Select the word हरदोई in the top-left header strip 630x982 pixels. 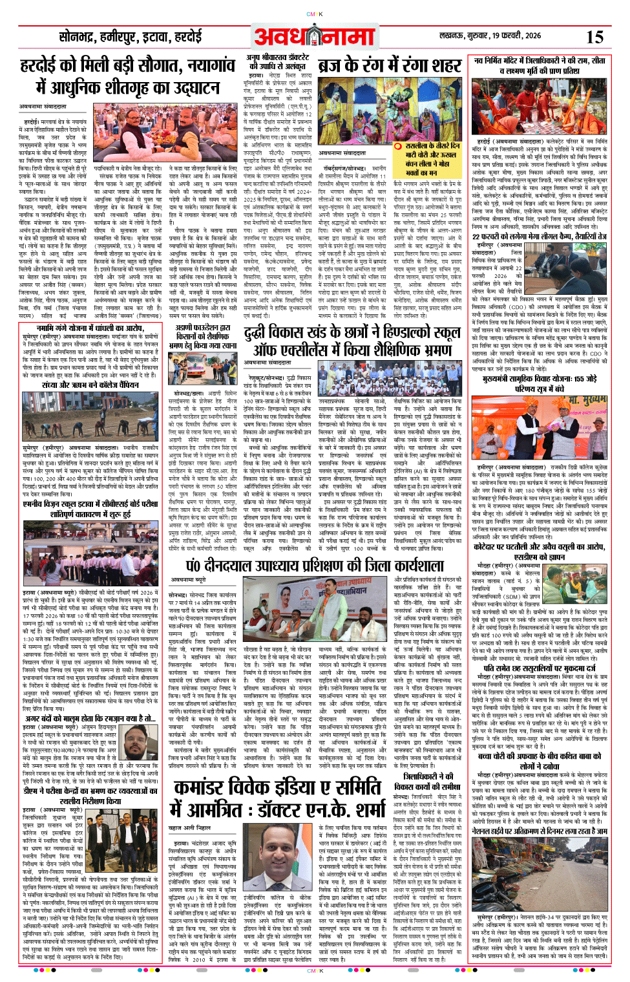point(187,37)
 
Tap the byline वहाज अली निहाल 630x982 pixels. point(190,827)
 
